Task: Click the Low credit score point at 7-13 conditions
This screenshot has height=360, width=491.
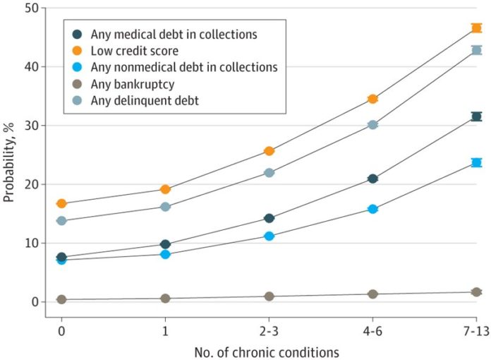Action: pyautogui.click(x=476, y=28)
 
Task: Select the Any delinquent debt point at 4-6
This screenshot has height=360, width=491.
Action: pyautogui.click(x=372, y=125)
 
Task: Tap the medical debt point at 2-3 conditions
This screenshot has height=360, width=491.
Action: pyautogui.click(x=269, y=218)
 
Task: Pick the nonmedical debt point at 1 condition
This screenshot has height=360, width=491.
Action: pyautogui.click(x=165, y=254)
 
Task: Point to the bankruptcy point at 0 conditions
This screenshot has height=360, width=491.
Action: pyautogui.click(x=61, y=299)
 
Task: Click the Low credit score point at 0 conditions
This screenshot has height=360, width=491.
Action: pyautogui.click(x=61, y=203)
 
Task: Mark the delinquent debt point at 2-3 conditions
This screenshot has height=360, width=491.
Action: pyautogui.click(x=269, y=173)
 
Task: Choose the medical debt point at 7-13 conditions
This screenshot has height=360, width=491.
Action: pyautogui.click(x=476, y=116)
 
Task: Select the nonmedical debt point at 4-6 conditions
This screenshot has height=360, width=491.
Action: pyautogui.click(x=372, y=209)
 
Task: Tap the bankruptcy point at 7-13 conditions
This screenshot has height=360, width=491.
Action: pyautogui.click(x=476, y=292)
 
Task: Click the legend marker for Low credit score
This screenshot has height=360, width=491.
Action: pyautogui.click(x=77, y=50)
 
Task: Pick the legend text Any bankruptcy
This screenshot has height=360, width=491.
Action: pyautogui.click(x=133, y=84)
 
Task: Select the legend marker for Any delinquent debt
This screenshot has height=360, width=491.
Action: pyautogui.click(x=77, y=100)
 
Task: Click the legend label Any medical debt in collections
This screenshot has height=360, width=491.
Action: pyautogui.click(x=174, y=35)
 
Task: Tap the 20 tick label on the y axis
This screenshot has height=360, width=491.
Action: pyautogui.click(x=32, y=184)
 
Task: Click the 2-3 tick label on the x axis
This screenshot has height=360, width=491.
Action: pyautogui.click(x=269, y=331)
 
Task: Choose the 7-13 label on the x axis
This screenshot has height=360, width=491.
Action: pyautogui.click(x=477, y=331)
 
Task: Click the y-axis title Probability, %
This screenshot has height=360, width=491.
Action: pyautogui.click(x=9, y=162)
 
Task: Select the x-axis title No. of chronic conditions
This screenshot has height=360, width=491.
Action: pyautogui.click(x=267, y=352)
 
